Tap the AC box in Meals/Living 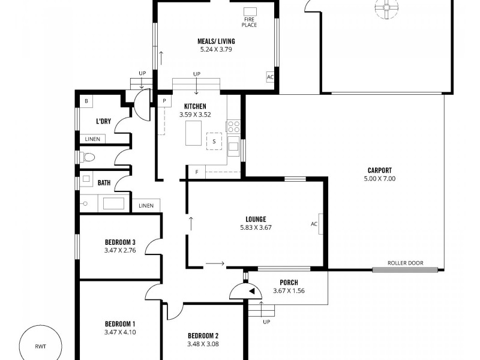270,77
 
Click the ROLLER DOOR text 405,263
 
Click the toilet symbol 88,158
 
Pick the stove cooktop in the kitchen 233,127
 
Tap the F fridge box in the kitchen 196,172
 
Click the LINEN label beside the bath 146,206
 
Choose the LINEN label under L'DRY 92,139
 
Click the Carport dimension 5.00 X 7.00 380,179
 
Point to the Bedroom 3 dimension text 120,250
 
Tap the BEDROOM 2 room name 203,335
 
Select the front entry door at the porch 247,292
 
